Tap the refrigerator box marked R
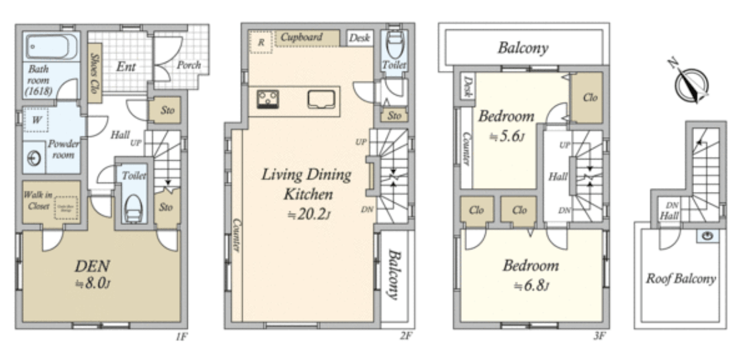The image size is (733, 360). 261,42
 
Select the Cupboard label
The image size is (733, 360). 301,38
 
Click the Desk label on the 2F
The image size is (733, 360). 359,38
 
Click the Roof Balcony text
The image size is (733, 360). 681,279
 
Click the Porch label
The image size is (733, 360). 189,65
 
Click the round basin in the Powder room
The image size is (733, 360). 34,157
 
